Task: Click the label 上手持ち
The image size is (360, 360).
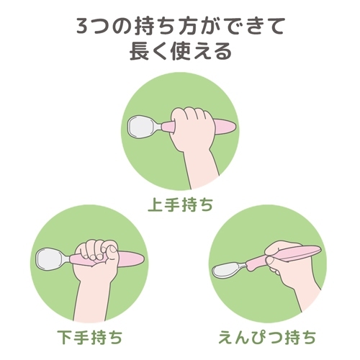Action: click(x=180, y=204)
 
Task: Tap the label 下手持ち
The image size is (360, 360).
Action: click(x=90, y=337)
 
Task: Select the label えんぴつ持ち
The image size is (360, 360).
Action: click(x=267, y=337)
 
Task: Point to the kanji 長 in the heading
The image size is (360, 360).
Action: click(x=140, y=51)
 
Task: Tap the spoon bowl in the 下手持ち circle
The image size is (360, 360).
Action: click(x=50, y=259)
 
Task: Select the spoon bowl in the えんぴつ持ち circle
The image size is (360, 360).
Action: click(x=227, y=271)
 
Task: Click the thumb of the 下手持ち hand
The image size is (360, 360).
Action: click(x=111, y=254)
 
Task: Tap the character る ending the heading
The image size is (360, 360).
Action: click(x=223, y=51)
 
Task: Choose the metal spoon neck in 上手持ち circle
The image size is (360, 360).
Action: click(x=158, y=126)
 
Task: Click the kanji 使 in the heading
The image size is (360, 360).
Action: click(x=181, y=51)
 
